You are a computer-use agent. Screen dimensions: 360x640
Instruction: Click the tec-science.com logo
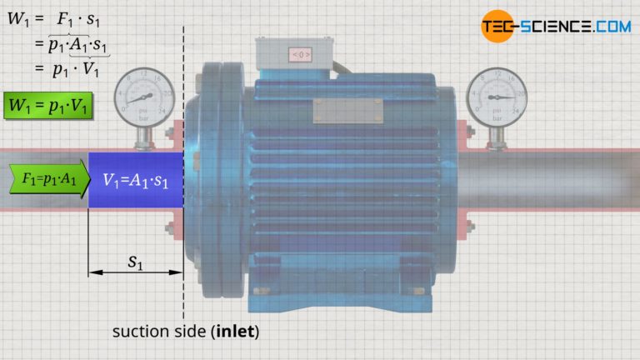click(555, 26)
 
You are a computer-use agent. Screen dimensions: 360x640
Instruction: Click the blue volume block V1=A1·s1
click(136, 179)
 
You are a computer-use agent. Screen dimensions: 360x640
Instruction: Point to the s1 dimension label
click(134, 261)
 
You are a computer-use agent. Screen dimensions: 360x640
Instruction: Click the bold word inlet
click(236, 332)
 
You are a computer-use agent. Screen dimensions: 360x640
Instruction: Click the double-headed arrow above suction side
click(135, 272)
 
